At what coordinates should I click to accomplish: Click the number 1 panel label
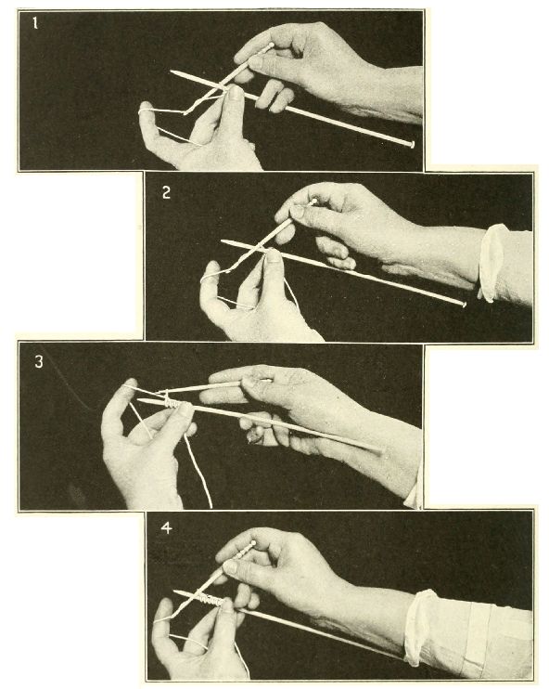(x=35, y=23)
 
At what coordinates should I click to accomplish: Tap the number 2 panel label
(x=166, y=192)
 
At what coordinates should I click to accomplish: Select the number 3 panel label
(x=39, y=361)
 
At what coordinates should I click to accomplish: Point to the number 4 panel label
(x=166, y=527)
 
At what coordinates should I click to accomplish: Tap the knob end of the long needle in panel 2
(x=463, y=303)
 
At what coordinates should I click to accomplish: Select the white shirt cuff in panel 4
(x=419, y=629)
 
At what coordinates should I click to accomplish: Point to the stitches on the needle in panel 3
(x=174, y=403)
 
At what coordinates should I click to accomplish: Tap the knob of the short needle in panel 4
(x=253, y=543)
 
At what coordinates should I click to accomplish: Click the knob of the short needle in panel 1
(x=271, y=45)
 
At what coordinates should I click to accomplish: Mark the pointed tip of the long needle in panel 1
(x=172, y=71)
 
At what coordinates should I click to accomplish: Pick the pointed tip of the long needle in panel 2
(x=223, y=240)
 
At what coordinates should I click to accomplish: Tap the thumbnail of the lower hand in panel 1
(x=236, y=93)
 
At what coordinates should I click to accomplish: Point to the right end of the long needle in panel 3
(x=381, y=450)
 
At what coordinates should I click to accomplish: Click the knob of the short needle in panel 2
(x=313, y=201)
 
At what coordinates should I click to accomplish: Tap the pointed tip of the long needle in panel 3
(x=139, y=400)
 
